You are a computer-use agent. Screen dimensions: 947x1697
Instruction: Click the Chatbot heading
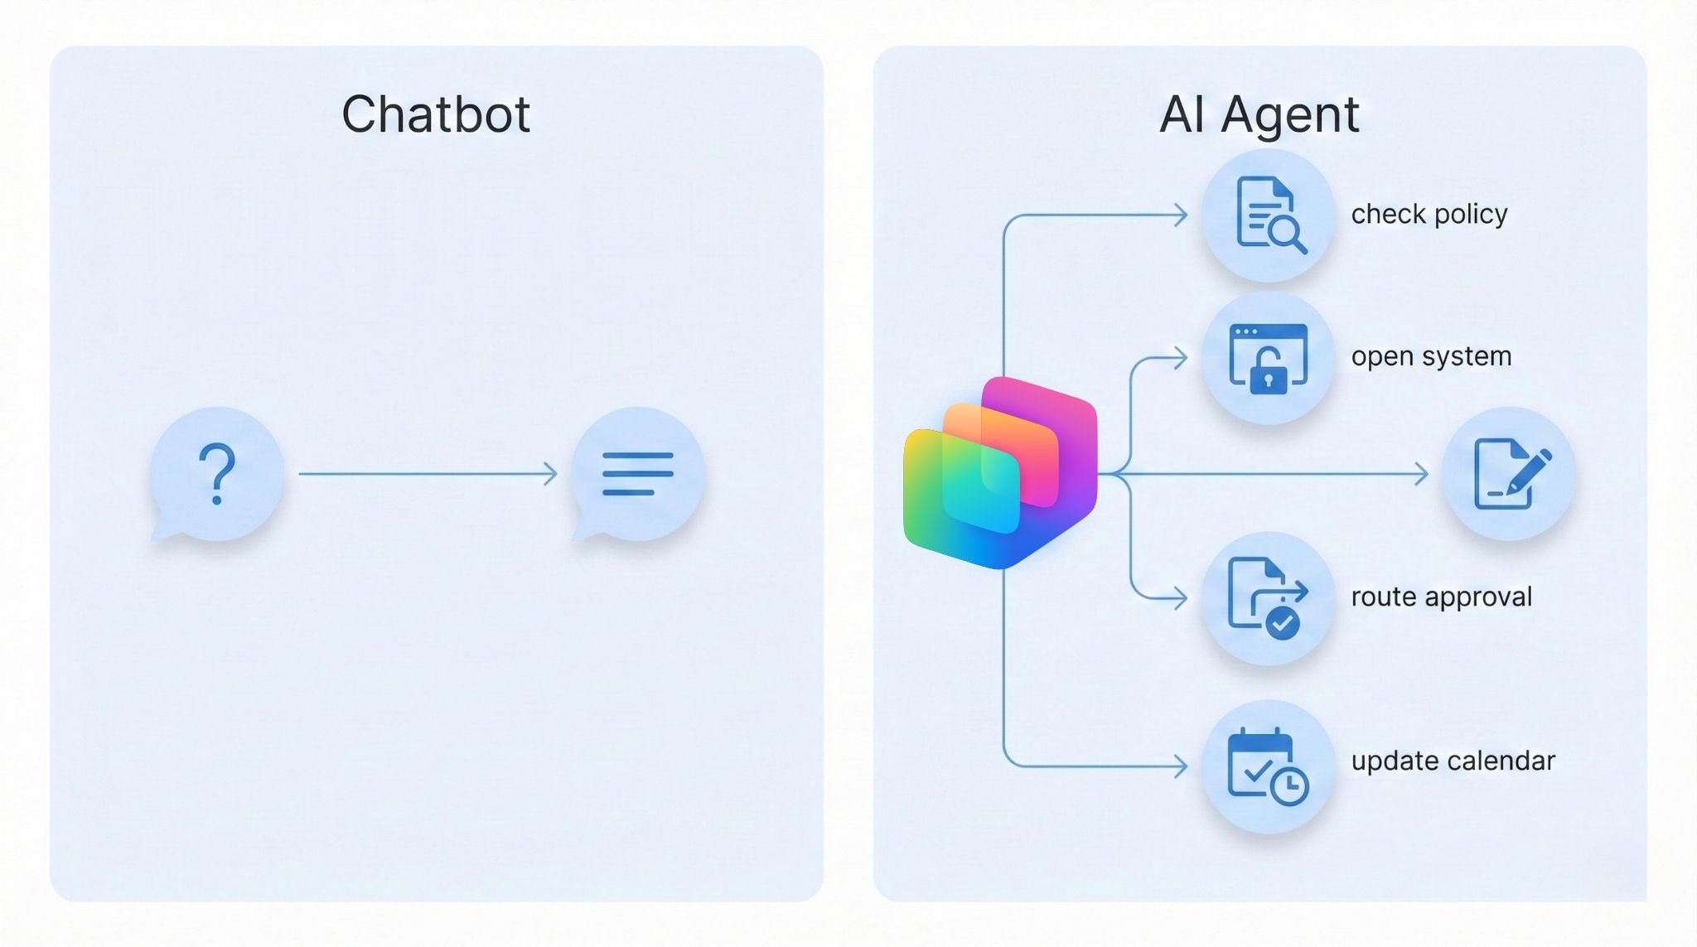click(x=436, y=114)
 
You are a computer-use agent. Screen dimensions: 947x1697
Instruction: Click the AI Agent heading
click(x=1259, y=114)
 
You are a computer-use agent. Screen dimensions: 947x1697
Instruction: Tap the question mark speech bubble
click(x=216, y=473)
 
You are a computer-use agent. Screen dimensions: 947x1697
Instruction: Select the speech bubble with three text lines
click(x=638, y=473)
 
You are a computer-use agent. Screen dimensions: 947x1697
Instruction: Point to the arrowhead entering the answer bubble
click(x=551, y=474)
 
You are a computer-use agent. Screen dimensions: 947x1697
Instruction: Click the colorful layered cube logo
click(x=1000, y=473)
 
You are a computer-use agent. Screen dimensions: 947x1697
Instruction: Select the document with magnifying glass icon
click(x=1269, y=215)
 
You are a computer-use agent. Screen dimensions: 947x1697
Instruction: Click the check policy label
click(x=1429, y=215)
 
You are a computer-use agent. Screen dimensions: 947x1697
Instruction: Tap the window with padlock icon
click(x=1269, y=358)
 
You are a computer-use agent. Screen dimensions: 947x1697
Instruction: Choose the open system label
click(x=1431, y=356)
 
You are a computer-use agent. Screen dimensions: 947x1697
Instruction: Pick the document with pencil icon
click(x=1509, y=473)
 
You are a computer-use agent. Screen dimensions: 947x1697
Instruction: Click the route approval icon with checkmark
click(x=1269, y=597)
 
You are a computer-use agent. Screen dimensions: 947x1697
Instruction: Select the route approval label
click(x=1441, y=597)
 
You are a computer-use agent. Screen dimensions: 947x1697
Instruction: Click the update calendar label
click(x=1453, y=761)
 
